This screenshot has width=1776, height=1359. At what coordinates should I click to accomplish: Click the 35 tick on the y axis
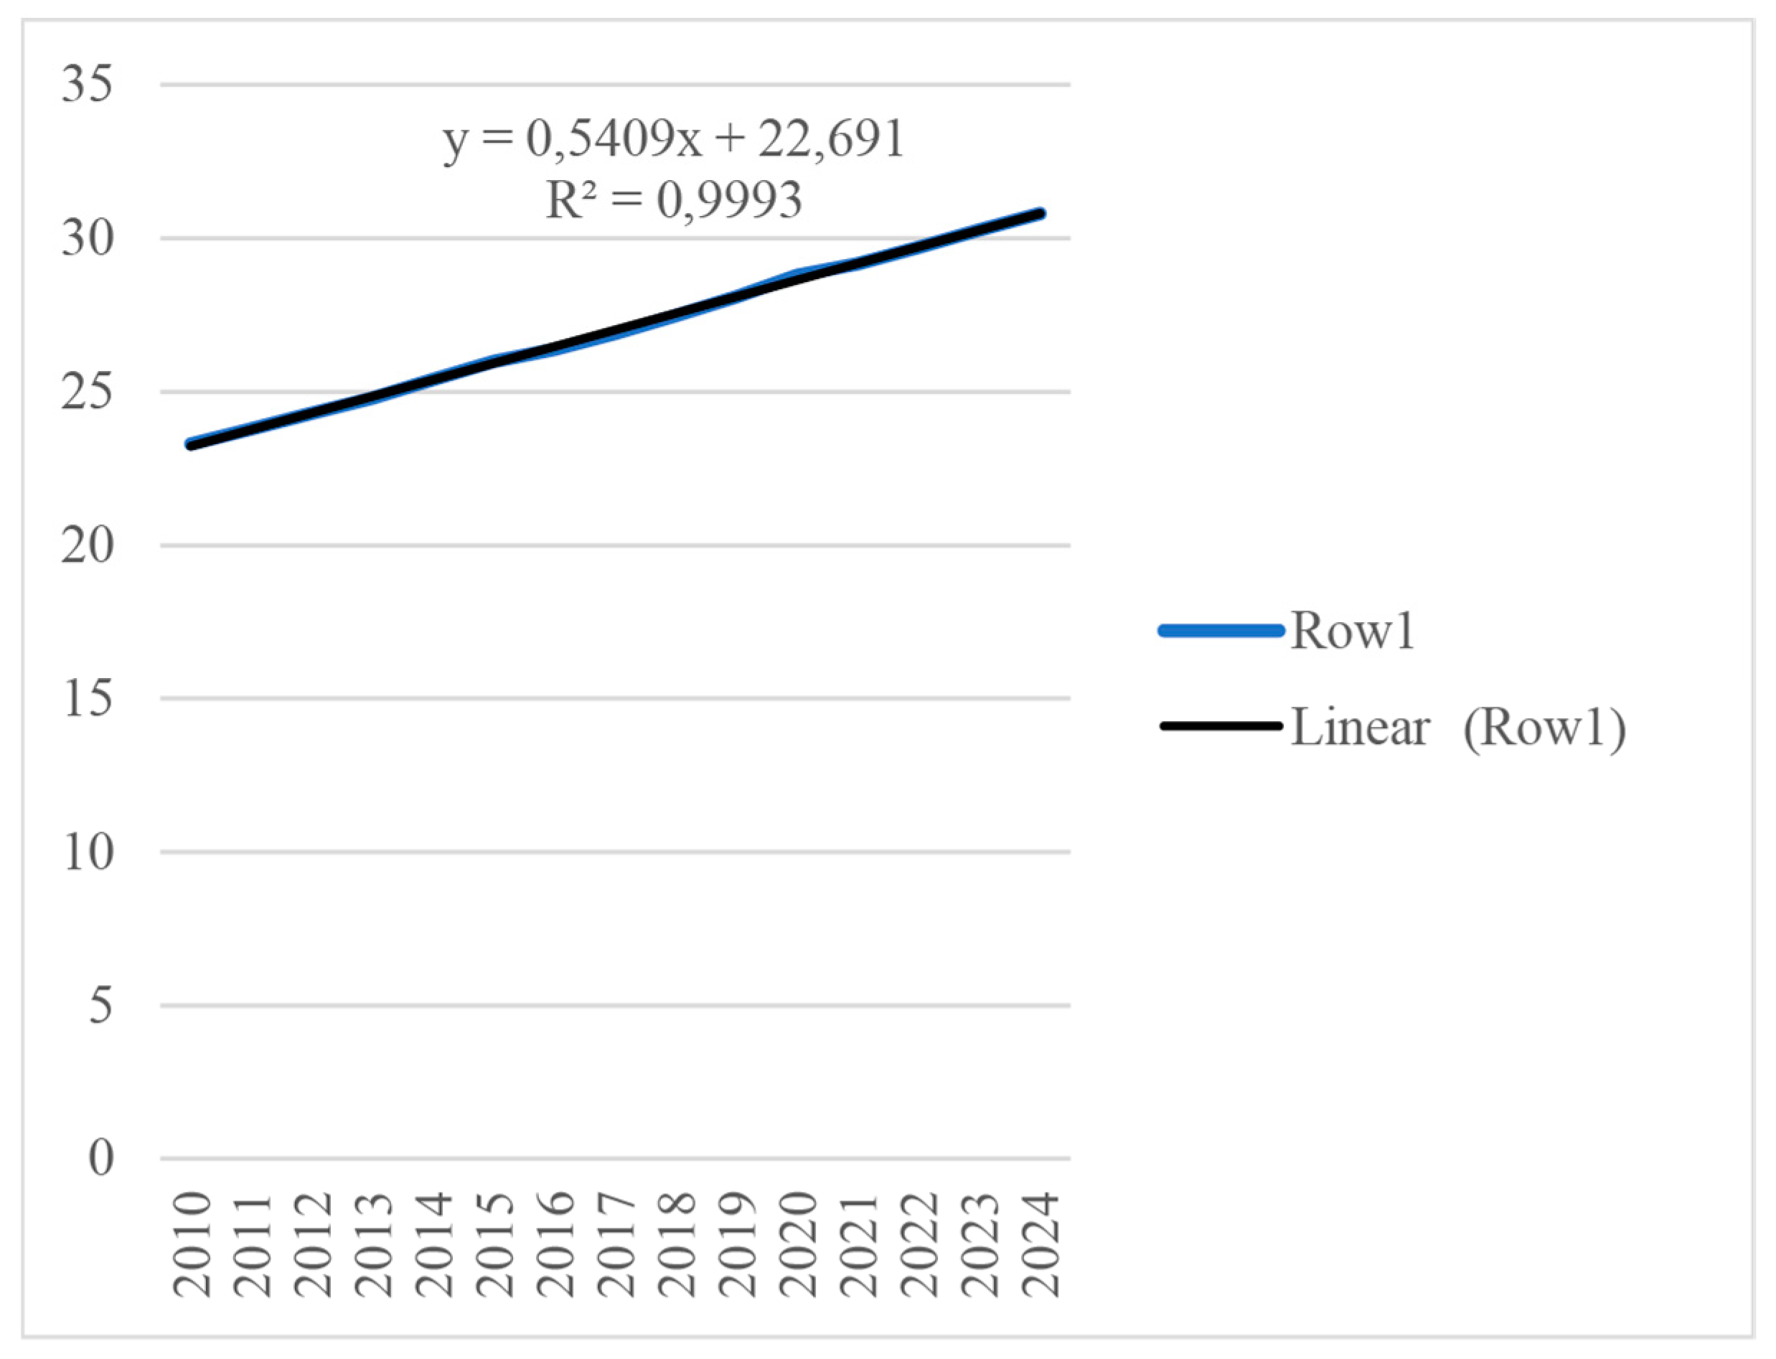pos(87,84)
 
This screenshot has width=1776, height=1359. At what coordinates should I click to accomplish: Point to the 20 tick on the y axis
pos(87,546)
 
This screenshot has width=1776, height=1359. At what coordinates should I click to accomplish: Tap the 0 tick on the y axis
pos(100,1158)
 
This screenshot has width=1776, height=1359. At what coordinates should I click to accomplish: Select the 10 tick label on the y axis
pos(87,852)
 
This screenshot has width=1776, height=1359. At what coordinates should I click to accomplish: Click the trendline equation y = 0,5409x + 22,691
pos(673,140)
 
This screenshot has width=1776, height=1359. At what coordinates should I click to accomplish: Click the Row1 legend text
pos(1352,631)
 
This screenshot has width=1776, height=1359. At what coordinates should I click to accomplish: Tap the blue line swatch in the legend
pos(1221,631)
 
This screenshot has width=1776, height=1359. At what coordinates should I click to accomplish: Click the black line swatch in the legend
pos(1221,726)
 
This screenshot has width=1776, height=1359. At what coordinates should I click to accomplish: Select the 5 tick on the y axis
pos(100,1005)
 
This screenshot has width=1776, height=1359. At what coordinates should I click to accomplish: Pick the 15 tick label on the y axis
pos(87,699)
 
